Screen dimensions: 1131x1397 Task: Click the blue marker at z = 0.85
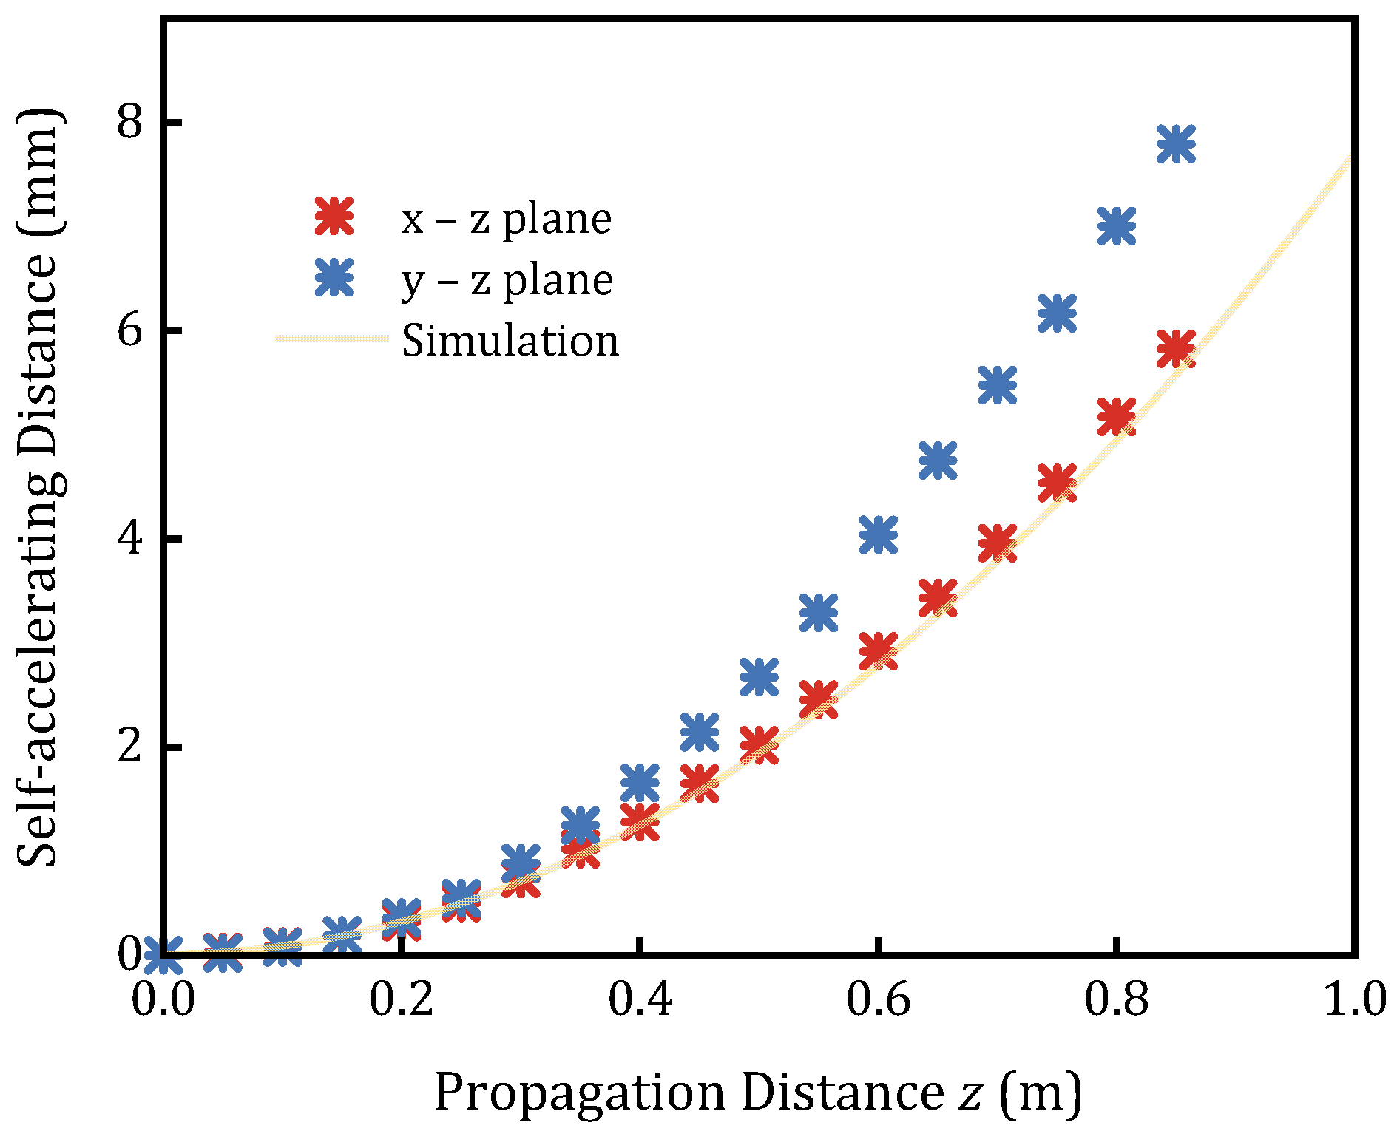(1176, 143)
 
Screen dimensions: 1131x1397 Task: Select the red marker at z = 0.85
(1176, 348)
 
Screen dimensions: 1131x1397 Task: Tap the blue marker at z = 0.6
(879, 534)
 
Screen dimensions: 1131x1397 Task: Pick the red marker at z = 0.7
(997, 544)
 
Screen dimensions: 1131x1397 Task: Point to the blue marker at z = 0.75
(1057, 313)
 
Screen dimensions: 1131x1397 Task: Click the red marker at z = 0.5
(759, 744)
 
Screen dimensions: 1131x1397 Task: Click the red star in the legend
(335, 217)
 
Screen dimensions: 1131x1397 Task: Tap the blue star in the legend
(335, 278)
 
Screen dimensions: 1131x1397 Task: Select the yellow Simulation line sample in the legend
(331, 339)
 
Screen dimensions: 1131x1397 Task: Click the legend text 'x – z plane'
(507, 219)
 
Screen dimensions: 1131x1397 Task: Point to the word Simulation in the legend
(510, 341)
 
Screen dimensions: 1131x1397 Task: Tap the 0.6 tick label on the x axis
(879, 999)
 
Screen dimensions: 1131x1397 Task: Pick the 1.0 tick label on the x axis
(1353, 999)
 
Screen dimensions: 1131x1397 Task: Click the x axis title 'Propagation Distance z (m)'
(757, 1091)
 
